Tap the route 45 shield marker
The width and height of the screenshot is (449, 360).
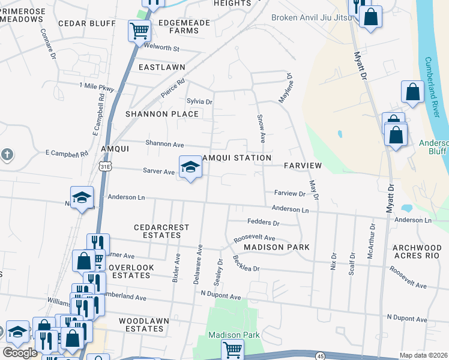(320, 356)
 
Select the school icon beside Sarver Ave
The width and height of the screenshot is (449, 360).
(190, 167)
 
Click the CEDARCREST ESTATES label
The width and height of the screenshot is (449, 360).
(161, 232)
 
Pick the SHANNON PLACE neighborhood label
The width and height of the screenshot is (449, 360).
(161, 114)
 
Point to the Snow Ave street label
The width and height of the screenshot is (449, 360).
(261, 128)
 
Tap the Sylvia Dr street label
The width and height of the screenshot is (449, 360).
(200, 102)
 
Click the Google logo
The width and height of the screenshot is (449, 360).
(20, 353)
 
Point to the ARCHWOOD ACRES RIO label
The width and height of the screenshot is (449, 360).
(417, 252)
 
